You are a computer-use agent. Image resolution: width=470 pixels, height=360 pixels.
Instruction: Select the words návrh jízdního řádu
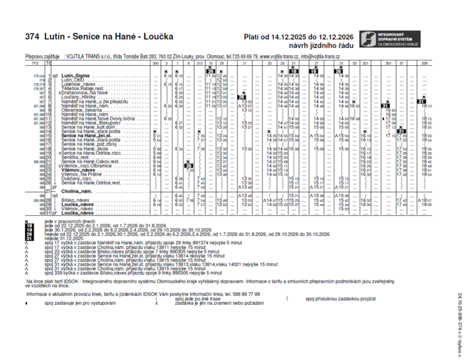pos(316,45)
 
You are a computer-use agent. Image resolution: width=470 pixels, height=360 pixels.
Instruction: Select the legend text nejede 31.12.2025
pos(67,238)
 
